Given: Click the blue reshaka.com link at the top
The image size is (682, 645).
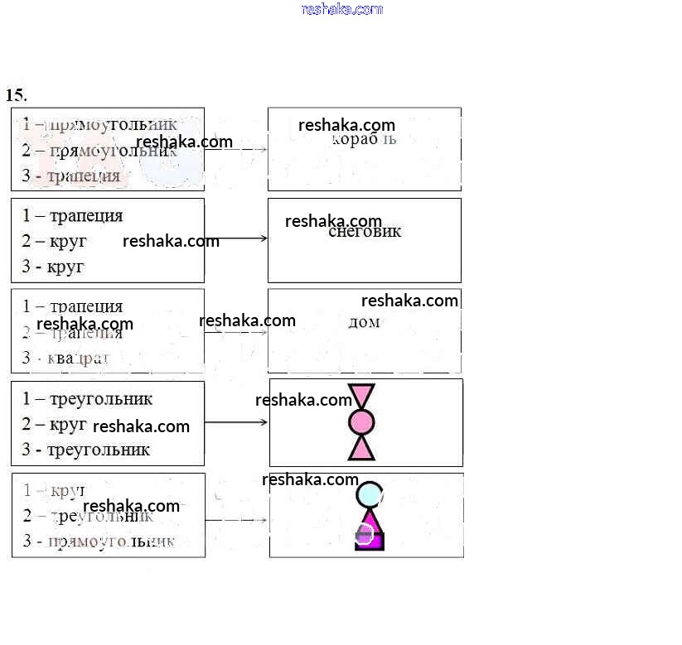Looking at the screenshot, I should click(x=342, y=9).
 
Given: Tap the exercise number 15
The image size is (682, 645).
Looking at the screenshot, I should click(x=16, y=94).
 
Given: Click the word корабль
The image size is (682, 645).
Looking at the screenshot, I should click(x=364, y=139).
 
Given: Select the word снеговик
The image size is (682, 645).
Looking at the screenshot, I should click(x=365, y=232).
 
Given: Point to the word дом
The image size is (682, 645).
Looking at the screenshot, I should click(x=364, y=322).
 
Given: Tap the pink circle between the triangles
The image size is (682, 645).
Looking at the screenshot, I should click(x=361, y=422).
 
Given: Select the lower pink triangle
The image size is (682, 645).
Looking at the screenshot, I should click(x=361, y=448).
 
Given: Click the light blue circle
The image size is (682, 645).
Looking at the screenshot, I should click(x=370, y=494).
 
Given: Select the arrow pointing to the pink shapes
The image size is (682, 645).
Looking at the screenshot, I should click(x=236, y=422).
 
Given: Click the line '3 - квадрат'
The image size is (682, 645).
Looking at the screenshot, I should click(x=65, y=359).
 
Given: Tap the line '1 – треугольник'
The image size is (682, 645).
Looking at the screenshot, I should click(x=87, y=399).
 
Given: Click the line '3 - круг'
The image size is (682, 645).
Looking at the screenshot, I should click(x=53, y=267).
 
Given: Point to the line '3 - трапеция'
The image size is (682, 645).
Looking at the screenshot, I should click(x=70, y=176).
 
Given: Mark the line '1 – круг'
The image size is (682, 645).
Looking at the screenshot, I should click(x=54, y=490).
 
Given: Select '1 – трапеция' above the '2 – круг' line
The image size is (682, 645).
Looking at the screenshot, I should click(x=72, y=216).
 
